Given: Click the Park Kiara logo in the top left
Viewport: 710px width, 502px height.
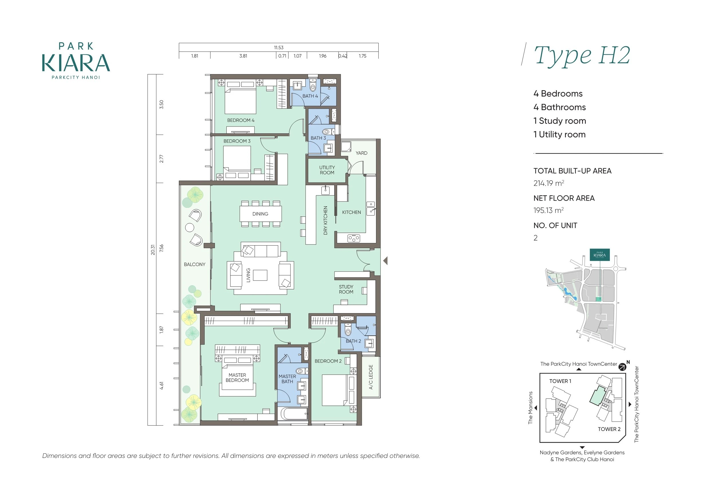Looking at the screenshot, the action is click(x=76, y=61).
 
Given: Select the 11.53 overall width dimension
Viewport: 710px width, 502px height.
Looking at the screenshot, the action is click(x=279, y=48).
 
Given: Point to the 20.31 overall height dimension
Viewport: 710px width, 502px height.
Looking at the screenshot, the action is click(x=153, y=250).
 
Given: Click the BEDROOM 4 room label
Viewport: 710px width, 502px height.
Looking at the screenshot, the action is click(x=241, y=120).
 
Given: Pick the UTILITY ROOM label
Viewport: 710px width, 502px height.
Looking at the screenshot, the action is click(x=327, y=170).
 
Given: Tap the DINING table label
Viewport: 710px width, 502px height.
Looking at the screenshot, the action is click(x=260, y=214).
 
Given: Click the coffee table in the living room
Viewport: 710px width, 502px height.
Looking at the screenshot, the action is click(x=260, y=275).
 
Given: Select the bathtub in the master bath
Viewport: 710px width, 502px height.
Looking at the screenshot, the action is click(x=292, y=414).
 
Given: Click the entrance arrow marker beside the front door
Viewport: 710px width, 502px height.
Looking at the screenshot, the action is click(x=385, y=261).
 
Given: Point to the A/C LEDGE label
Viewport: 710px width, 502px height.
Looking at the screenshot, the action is click(x=371, y=377).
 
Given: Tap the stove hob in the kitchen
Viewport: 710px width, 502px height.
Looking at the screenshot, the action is click(x=354, y=238).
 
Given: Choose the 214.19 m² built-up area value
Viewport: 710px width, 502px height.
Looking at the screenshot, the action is click(x=549, y=183).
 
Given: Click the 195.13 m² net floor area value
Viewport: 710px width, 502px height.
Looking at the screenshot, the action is click(x=549, y=210).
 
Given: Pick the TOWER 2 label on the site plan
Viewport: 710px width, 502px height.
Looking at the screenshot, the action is click(x=609, y=429).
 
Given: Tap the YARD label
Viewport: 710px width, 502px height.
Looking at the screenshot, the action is click(x=361, y=153).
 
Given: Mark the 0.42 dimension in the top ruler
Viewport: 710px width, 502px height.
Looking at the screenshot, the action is click(x=343, y=56).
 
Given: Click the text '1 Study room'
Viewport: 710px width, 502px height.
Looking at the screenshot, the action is click(x=560, y=121).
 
